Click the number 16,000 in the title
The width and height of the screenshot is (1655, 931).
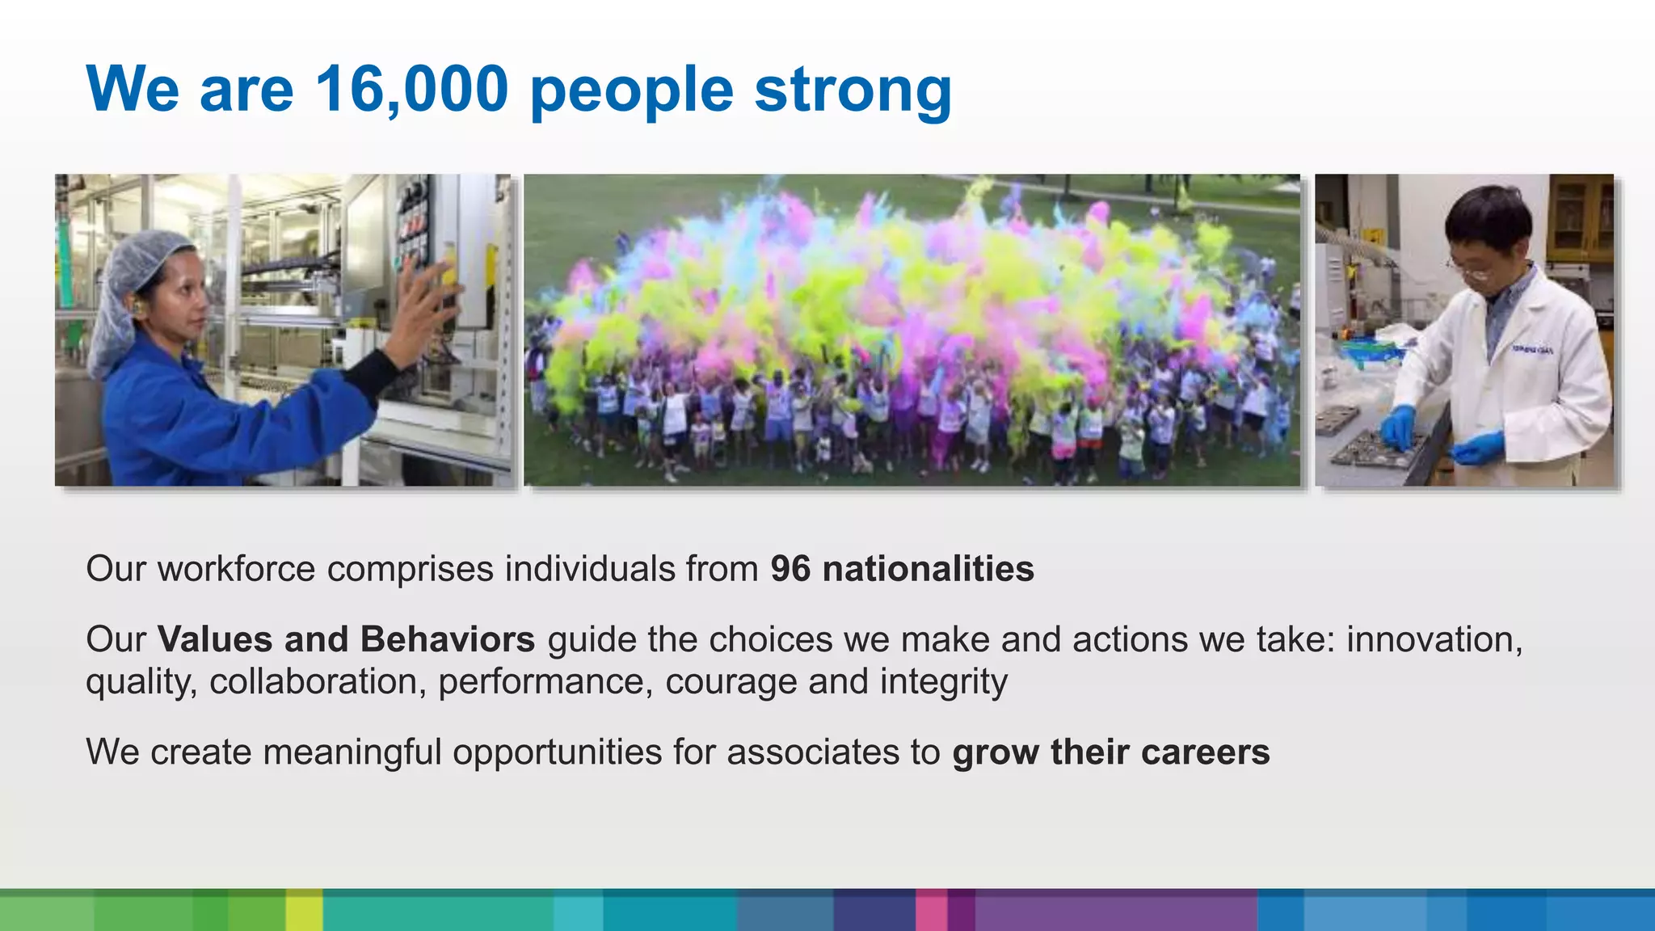pyautogui.click(x=411, y=89)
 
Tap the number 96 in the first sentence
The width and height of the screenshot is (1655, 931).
pyautogui.click(x=790, y=569)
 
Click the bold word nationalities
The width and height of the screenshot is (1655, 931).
pyautogui.click(x=928, y=569)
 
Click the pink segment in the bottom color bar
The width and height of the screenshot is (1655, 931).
pyautogui.click(x=931, y=910)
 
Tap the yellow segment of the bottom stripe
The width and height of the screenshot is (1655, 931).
pyautogui.click(x=304, y=910)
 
